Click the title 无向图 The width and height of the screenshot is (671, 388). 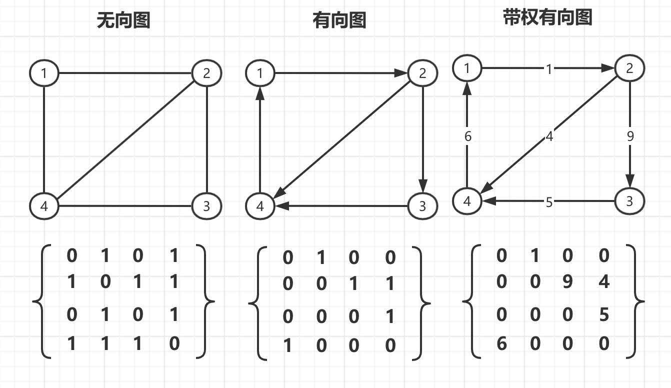[123, 20]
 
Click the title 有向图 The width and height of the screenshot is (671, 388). [339, 20]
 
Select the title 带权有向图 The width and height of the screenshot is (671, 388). [547, 17]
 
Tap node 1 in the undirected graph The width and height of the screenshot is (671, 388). [44, 74]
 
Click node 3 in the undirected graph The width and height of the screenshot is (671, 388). [206, 205]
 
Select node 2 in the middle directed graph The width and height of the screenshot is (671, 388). [422, 74]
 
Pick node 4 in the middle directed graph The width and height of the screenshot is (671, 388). [260, 205]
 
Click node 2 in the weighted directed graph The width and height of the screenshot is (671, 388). [629, 68]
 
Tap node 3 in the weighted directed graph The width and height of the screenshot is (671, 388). [629, 201]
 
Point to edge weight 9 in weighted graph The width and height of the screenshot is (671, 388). [630, 136]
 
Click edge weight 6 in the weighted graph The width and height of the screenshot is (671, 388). [467, 136]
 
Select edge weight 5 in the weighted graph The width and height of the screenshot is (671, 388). [549, 202]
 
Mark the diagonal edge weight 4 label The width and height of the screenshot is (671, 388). [549, 136]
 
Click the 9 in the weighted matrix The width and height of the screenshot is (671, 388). [567, 282]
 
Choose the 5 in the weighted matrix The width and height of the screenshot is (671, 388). [604, 315]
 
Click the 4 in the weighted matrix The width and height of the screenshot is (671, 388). [604, 282]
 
